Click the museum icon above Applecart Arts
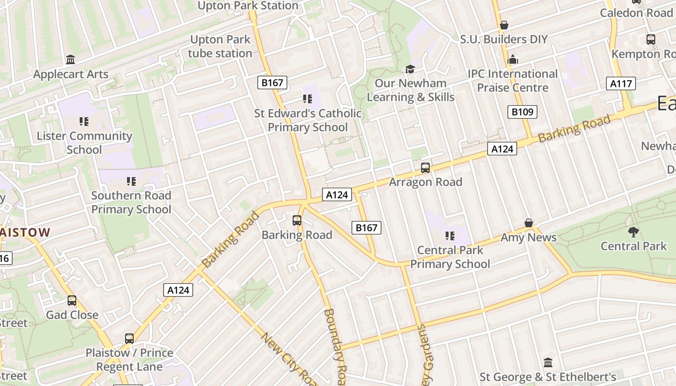click(x=70, y=59)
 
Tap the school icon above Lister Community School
click(x=84, y=121)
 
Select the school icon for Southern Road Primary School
click(x=131, y=181)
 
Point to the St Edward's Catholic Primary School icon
click(x=308, y=99)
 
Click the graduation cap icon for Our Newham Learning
click(x=410, y=69)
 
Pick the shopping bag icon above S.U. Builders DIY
click(x=504, y=25)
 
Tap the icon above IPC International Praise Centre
click(x=512, y=59)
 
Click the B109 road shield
click(x=522, y=112)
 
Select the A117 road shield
click(x=620, y=83)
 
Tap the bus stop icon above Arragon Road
click(x=425, y=168)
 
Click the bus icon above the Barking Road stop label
click(x=297, y=221)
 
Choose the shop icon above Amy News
click(x=529, y=223)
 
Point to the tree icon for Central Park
click(x=633, y=232)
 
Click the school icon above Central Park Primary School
click(x=450, y=236)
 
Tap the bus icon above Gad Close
click(x=72, y=301)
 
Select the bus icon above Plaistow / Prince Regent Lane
click(x=129, y=338)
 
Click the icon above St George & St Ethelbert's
click(x=548, y=362)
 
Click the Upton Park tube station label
click(x=220, y=46)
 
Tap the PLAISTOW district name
click(x=24, y=233)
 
